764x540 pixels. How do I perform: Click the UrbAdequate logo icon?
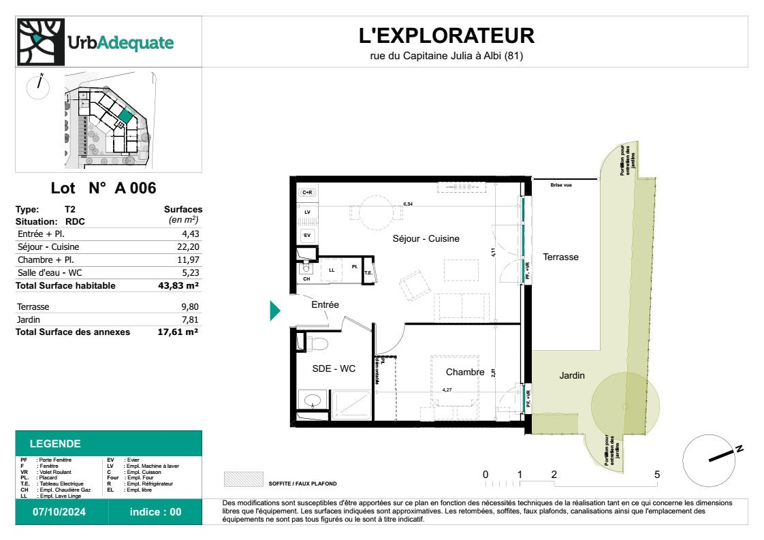click(38, 42)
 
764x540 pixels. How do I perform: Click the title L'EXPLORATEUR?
click(446, 35)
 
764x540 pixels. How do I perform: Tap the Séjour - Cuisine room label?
click(426, 238)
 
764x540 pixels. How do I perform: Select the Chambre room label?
click(464, 372)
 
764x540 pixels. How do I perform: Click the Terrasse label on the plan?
click(560, 257)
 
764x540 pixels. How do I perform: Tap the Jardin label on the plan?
click(572, 375)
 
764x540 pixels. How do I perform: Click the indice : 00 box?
click(156, 512)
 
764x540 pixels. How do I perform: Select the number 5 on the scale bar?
click(657, 474)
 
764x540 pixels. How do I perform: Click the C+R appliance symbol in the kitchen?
click(307, 193)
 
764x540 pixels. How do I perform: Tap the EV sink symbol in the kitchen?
click(307, 236)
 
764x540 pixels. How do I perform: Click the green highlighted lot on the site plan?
click(125, 116)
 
